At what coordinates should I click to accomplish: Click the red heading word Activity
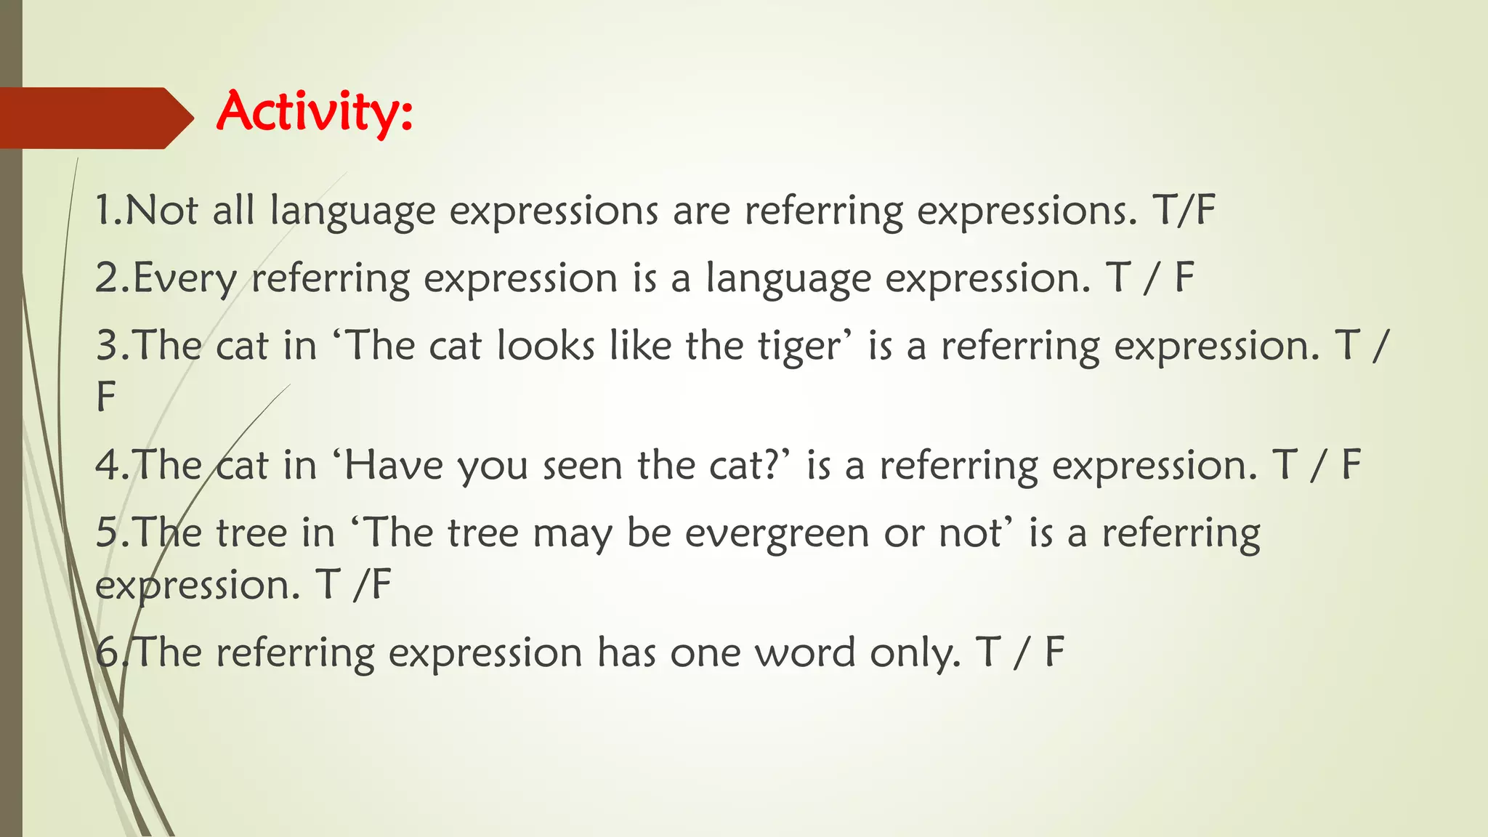point(314,112)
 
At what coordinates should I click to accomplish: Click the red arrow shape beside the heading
point(94,118)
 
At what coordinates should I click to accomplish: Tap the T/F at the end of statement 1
point(1184,211)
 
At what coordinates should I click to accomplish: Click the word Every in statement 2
point(185,279)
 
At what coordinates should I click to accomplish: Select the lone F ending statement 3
point(106,397)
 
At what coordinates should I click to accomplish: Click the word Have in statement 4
point(393,465)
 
